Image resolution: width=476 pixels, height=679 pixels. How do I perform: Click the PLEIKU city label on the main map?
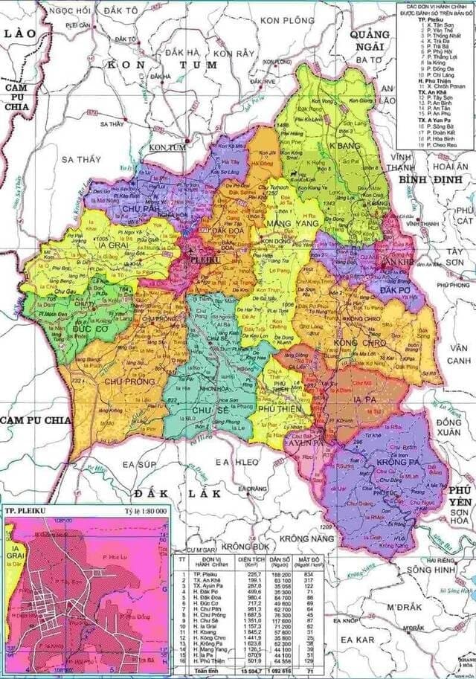[204, 261]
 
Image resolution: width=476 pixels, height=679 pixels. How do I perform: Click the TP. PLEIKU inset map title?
[28, 512]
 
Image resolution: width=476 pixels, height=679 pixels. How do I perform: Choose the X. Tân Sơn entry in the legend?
[436, 25]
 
